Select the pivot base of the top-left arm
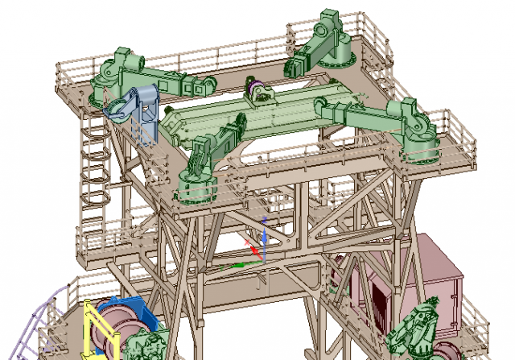(106, 77)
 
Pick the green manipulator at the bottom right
(415, 330)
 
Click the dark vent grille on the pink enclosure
(377, 302)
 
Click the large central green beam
(266, 117)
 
